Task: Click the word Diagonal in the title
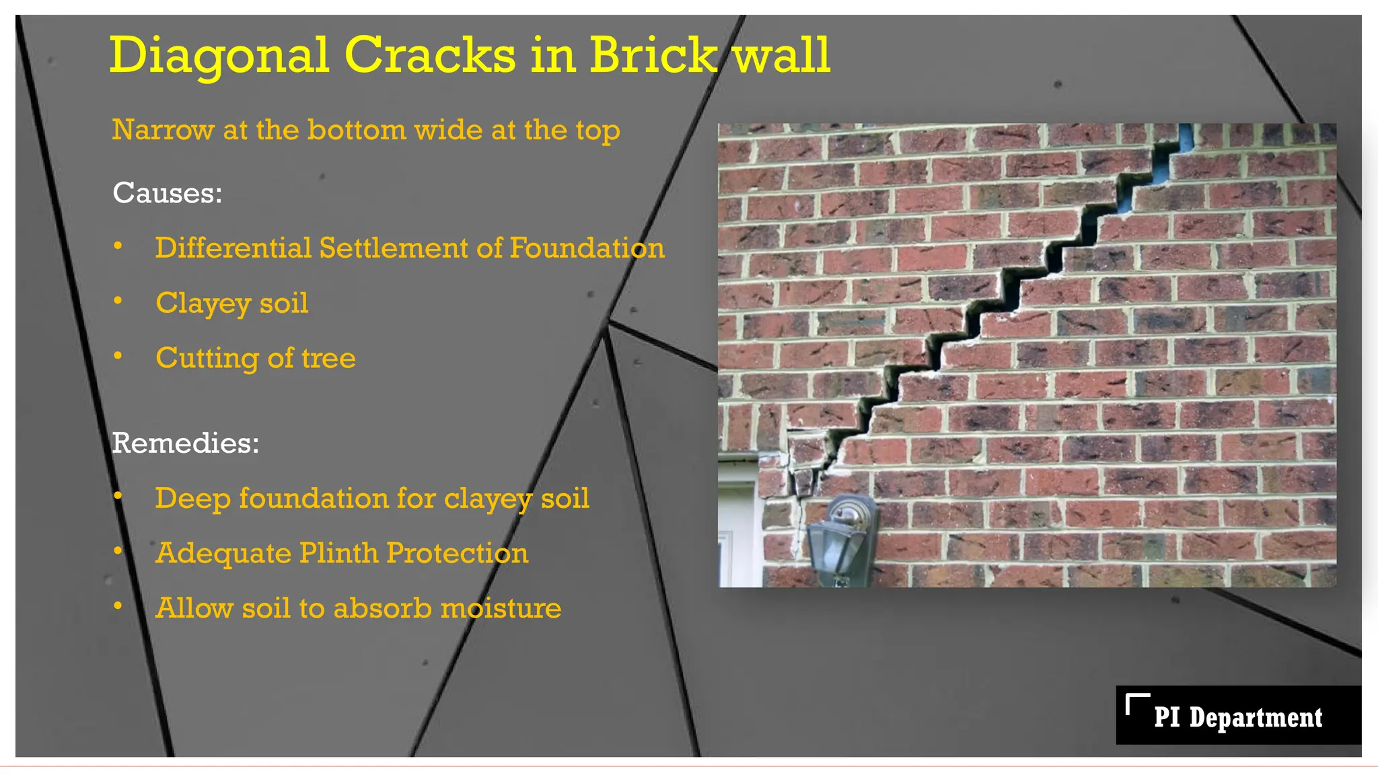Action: tap(219, 55)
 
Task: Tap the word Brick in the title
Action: tap(653, 55)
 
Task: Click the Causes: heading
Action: tap(167, 193)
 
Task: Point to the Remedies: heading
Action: tap(185, 443)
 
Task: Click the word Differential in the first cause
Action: tap(233, 248)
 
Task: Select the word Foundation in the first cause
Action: tap(587, 248)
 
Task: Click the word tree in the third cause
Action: tap(328, 358)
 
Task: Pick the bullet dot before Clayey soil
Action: tap(118, 301)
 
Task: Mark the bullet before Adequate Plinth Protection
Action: tap(118, 552)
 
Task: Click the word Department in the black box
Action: tap(1256, 718)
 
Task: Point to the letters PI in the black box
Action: tap(1167, 718)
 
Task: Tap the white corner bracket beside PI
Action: tap(1136, 702)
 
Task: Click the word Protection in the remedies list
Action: tap(458, 554)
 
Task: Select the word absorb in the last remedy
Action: tap(382, 608)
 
